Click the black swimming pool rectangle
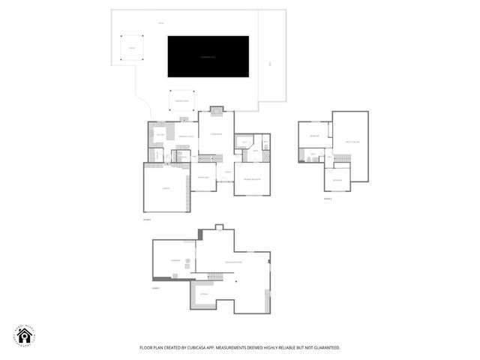[x=208, y=56]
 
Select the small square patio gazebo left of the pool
[x=131, y=47]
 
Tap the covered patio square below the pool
[x=181, y=100]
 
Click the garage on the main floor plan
[x=166, y=188]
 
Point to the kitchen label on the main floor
[x=160, y=134]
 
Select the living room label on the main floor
[x=216, y=133]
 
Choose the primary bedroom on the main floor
[x=251, y=179]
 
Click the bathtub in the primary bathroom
[x=244, y=142]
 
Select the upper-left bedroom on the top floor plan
[x=315, y=136]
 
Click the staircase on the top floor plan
[x=342, y=157]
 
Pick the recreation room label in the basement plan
[x=234, y=262]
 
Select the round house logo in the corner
[x=22, y=337]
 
